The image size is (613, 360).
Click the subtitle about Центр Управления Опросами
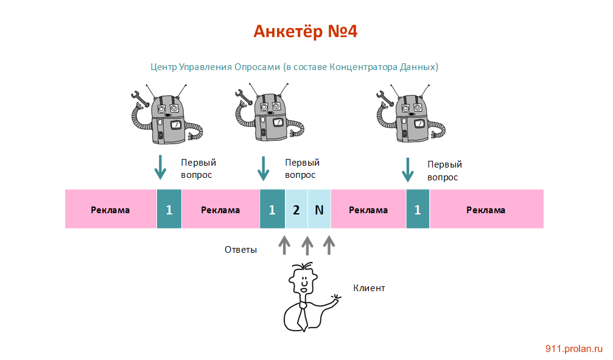[x=295, y=66]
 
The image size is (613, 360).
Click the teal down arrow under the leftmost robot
[x=160, y=167]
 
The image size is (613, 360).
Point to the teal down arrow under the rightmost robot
[x=407, y=169]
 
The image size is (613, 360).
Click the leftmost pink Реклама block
[x=110, y=210]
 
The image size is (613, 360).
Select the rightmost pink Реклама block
[x=486, y=210]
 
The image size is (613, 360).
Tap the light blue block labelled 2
[x=296, y=210]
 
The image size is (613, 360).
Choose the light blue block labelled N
[x=319, y=210]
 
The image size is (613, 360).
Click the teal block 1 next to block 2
[x=272, y=210]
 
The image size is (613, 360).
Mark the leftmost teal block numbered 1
[x=169, y=210]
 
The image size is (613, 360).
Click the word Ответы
[x=240, y=249]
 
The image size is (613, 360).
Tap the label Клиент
[x=369, y=288]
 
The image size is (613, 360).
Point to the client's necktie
[x=301, y=316]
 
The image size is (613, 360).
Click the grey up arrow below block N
[x=329, y=245]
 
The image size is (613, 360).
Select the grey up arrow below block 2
[x=307, y=245]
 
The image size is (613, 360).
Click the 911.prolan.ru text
[x=573, y=348]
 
